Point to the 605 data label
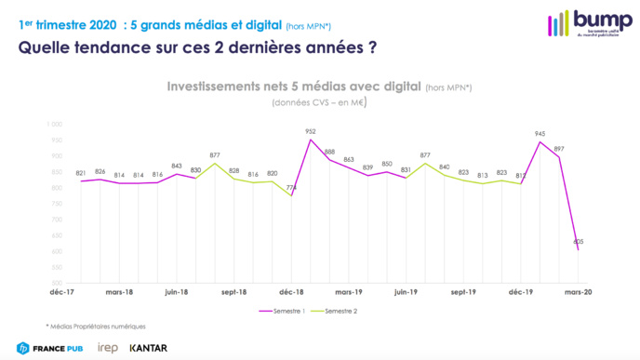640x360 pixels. pyautogui.click(x=579, y=241)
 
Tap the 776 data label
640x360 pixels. pyautogui.click(x=292, y=188)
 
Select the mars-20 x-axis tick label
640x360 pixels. pyautogui.click(x=578, y=291)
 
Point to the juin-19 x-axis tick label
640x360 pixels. pyautogui.click(x=406, y=291)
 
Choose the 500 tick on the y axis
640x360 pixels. pyautogui.click(x=56, y=283)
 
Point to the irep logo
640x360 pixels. pyautogui.click(x=107, y=348)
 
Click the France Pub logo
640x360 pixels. pyautogui.click(x=48, y=348)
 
